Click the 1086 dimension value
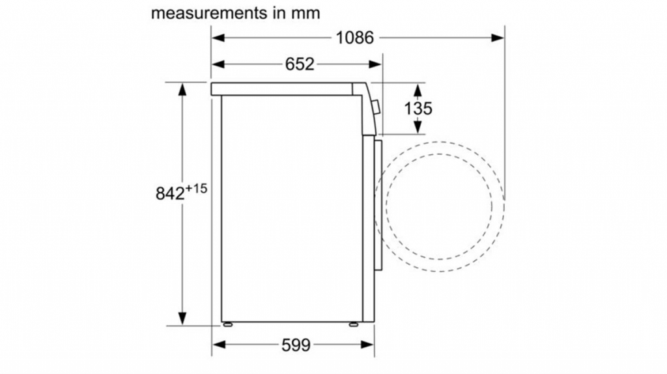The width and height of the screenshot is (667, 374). (x=355, y=38)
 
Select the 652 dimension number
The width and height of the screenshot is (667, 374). (x=300, y=64)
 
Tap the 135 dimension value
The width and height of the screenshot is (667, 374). (x=418, y=108)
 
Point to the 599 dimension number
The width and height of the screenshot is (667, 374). (x=296, y=345)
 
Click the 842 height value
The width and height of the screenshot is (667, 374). (x=170, y=193)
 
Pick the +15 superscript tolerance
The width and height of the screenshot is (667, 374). (x=196, y=188)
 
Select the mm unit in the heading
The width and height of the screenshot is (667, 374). (x=305, y=13)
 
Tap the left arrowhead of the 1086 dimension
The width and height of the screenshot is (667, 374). (x=218, y=38)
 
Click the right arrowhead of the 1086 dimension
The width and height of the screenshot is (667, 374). (x=498, y=38)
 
